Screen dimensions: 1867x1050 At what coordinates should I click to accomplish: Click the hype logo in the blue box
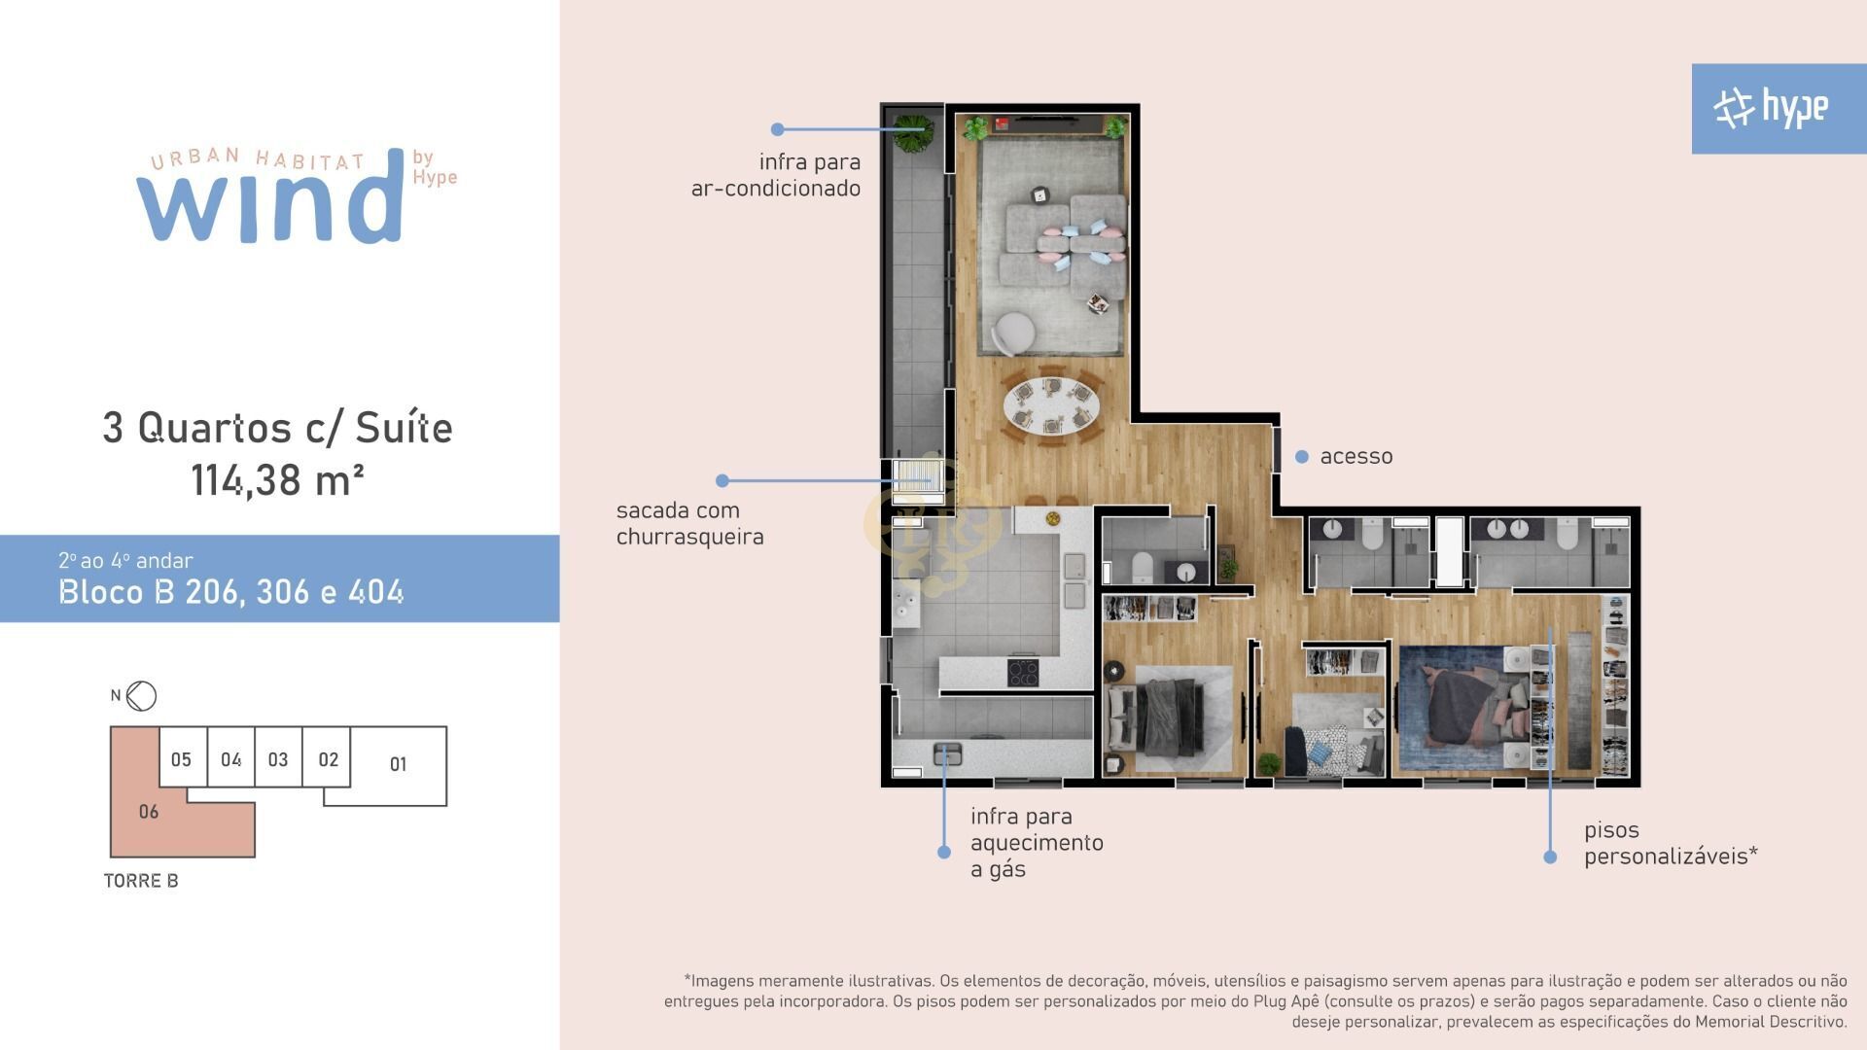pyautogui.click(x=1771, y=108)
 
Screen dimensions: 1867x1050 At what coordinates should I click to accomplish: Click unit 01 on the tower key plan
pyautogui.click(x=398, y=764)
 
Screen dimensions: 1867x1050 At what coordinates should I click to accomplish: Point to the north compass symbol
pyautogui.click(x=142, y=695)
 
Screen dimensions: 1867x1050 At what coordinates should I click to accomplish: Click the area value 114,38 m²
pyautogui.click(x=277, y=480)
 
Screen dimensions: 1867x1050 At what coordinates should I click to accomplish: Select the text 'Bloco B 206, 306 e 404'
pyautogui.click(x=231, y=592)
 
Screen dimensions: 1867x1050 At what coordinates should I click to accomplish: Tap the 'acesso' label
pyautogui.click(x=1356, y=456)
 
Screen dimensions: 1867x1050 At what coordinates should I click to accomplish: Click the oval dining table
pyautogui.click(x=1053, y=405)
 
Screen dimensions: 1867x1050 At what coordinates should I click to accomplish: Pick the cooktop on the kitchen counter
pyautogui.click(x=1023, y=672)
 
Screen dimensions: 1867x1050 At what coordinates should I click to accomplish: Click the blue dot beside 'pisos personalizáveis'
pyautogui.click(x=1550, y=857)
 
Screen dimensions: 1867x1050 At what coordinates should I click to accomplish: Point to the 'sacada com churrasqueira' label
pyautogui.click(x=689, y=523)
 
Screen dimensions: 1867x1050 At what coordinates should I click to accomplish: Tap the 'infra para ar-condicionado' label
pyautogui.click(x=776, y=175)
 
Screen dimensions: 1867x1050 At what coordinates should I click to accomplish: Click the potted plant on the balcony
pyautogui.click(x=913, y=133)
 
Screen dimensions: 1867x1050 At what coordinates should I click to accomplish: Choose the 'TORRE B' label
pyautogui.click(x=141, y=881)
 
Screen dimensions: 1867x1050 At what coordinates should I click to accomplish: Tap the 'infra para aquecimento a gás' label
pyautogui.click(x=1037, y=843)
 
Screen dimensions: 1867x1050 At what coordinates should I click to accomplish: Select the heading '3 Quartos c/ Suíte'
pyautogui.click(x=278, y=428)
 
